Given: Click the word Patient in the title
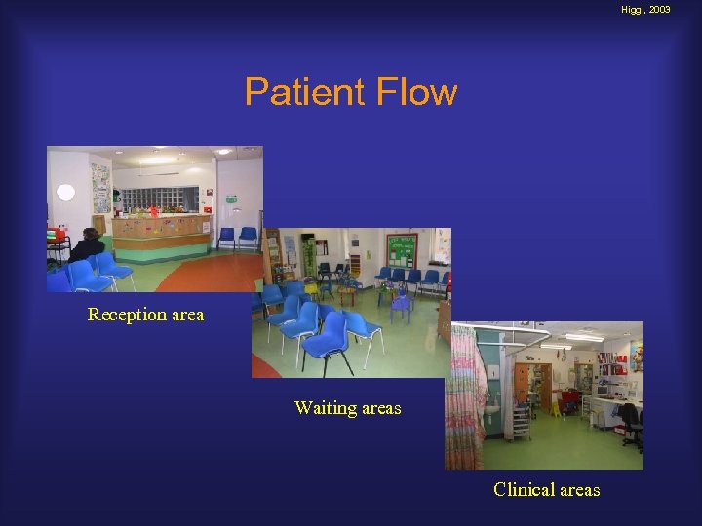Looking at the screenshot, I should click(298, 92).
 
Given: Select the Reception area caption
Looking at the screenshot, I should click(146, 314).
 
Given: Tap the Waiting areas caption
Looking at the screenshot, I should click(347, 408).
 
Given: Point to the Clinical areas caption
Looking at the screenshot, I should click(546, 489).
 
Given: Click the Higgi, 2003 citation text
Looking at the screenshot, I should click(645, 9).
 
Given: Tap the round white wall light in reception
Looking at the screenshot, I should click(65, 192).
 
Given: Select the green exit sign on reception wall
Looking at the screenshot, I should click(230, 199).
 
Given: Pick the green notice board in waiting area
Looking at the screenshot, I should click(401, 248).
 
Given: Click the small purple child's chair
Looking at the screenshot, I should click(400, 307).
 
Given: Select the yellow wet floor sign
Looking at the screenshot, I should click(555, 407).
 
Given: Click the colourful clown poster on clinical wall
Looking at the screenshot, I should click(636, 357).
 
